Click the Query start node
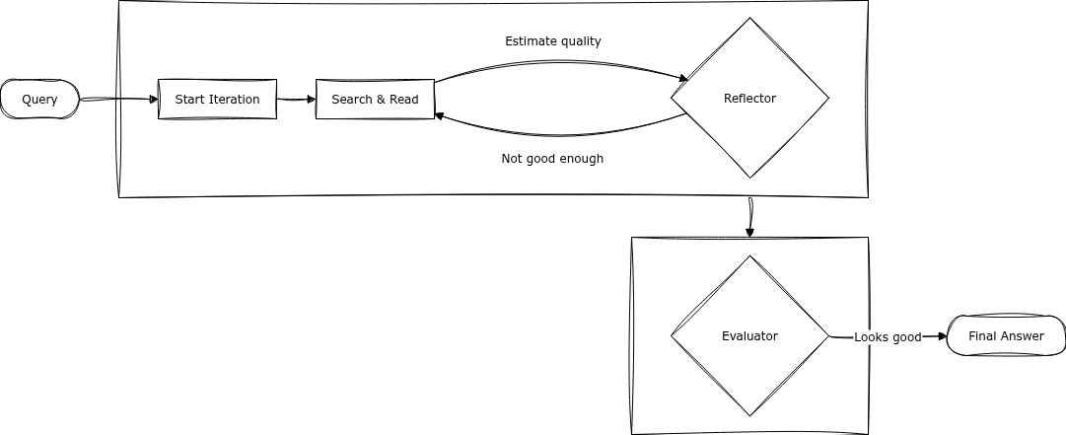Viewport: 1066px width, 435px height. (39, 100)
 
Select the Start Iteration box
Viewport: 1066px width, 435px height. (217, 100)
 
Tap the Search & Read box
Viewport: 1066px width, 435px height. (375, 100)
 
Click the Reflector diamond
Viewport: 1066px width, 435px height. (749, 99)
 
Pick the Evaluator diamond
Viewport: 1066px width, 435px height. (749, 336)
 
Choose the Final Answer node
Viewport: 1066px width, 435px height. (1006, 336)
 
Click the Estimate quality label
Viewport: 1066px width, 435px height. (553, 41)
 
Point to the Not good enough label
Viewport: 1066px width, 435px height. (552, 159)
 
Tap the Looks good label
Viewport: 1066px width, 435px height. (888, 337)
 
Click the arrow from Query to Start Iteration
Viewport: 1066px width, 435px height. (118, 100)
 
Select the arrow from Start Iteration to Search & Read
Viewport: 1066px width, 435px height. (296, 100)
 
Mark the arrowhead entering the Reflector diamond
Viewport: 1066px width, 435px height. (682, 78)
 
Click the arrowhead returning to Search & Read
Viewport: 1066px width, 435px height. (441, 115)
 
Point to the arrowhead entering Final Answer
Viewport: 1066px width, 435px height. (941, 336)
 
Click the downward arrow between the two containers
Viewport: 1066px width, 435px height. (750, 217)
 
